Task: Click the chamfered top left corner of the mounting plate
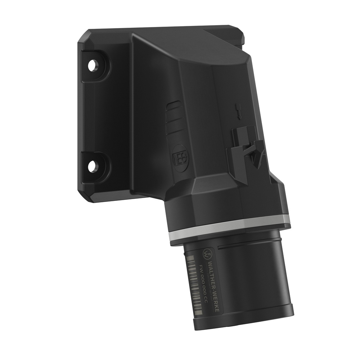82,36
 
